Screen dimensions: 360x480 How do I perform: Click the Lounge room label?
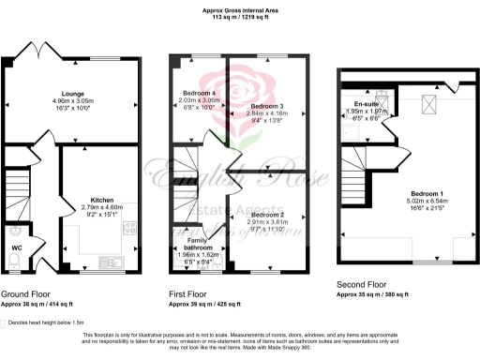pos(73,94)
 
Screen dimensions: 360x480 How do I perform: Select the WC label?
pos(17,248)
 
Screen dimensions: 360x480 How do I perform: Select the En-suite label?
pos(366,103)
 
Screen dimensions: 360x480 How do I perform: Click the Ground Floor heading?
pos(26,294)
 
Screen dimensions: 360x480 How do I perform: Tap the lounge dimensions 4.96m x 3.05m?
pos(73,101)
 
